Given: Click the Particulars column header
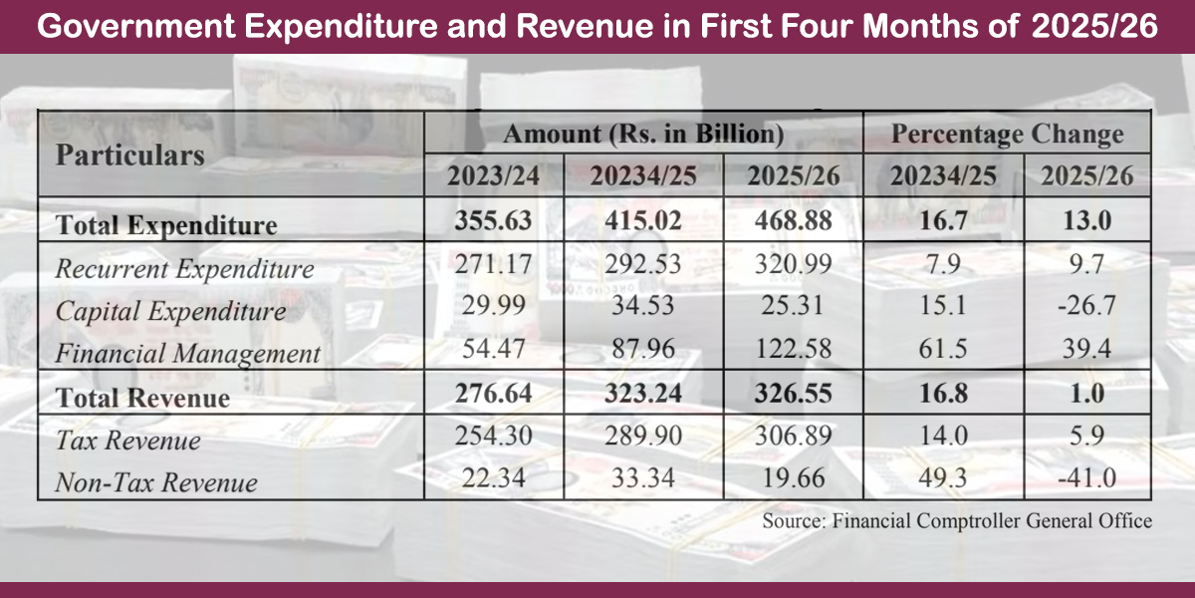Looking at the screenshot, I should click(x=130, y=155).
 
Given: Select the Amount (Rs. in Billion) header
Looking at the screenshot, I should click(x=643, y=134).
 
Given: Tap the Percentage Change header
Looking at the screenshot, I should click(x=1007, y=134).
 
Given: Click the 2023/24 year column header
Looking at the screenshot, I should click(x=493, y=176).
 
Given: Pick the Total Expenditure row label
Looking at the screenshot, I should click(x=166, y=225).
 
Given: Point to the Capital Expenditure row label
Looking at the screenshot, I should click(x=170, y=311).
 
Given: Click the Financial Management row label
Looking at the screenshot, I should click(x=188, y=353).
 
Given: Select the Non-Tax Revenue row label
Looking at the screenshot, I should click(x=156, y=482).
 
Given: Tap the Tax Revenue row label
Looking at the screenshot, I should click(x=127, y=441).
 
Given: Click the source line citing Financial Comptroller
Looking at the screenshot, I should click(x=957, y=520).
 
